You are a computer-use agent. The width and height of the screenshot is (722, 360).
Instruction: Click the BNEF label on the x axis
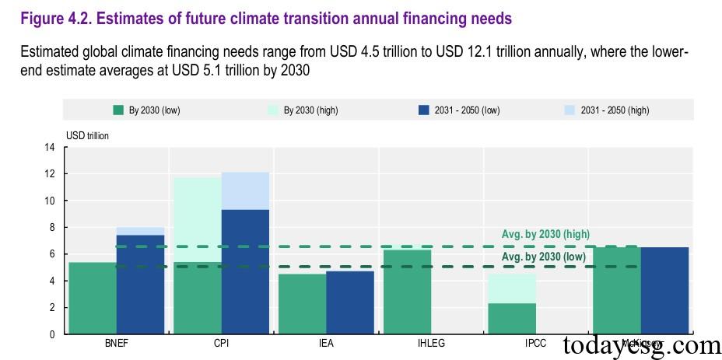(x=116, y=344)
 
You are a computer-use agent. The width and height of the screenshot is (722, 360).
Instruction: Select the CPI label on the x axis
(x=221, y=344)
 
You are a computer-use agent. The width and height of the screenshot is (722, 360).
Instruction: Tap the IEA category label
(x=326, y=344)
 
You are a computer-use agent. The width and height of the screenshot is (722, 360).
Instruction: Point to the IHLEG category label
(x=430, y=344)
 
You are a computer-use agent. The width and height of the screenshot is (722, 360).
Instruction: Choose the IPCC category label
(x=535, y=344)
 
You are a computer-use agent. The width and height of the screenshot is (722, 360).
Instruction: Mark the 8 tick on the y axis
(x=51, y=228)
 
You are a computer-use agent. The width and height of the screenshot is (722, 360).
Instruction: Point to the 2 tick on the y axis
(x=51, y=308)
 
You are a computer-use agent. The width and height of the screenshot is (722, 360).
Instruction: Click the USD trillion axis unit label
(x=87, y=135)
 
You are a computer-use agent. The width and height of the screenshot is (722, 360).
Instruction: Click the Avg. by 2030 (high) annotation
(x=545, y=234)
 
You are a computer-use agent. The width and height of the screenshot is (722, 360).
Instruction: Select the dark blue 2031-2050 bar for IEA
(x=350, y=302)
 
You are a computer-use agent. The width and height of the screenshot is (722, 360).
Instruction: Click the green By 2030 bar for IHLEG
(x=407, y=292)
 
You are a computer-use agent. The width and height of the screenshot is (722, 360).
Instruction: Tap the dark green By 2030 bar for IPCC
(x=512, y=319)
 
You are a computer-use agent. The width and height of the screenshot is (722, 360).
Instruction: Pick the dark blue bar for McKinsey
(x=664, y=291)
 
